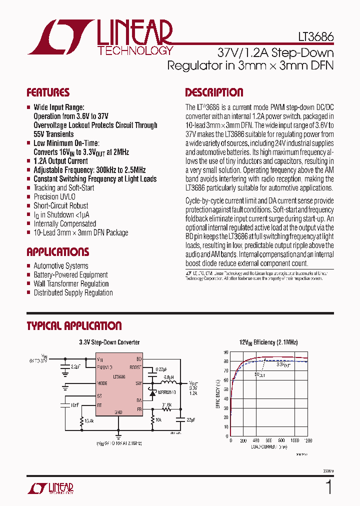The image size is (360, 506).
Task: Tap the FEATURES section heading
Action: [x=48, y=92]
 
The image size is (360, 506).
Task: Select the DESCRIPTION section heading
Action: [x=214, y=92]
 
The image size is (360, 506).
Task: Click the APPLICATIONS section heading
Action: [x=58, y=252]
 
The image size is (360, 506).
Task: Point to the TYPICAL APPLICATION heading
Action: [x=74, y=326]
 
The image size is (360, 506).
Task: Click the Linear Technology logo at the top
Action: [x=100, y=37]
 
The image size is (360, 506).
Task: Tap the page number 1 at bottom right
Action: [x=328, y=487]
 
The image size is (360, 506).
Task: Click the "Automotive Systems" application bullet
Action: [x=61, y=266]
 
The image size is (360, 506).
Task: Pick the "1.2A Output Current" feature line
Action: [x=60, y=161]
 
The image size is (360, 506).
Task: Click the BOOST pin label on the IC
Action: [x=135, y=366]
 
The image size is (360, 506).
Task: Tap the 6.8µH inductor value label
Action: [x=168, y=377]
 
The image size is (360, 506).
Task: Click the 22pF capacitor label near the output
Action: [x=190, y=419]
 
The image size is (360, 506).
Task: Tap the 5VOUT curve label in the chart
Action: [x=259, y=374]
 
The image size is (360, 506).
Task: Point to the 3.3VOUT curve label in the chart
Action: [x=284, y=365]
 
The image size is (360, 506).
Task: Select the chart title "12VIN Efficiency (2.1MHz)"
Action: [x=268, y=342]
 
